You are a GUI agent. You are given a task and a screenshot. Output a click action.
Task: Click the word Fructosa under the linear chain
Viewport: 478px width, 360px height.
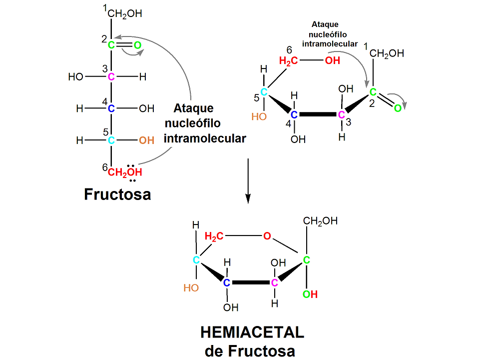coord(117,194)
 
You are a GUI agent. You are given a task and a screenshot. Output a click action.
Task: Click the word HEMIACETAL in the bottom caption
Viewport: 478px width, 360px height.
coord(252,332)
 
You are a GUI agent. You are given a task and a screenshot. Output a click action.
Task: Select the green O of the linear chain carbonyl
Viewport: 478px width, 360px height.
coord(137,45)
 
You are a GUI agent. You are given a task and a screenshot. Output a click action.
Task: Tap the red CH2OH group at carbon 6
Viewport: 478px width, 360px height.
coord(125,172)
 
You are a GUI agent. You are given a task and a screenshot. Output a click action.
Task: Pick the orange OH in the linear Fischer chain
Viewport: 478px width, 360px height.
coord(146,140)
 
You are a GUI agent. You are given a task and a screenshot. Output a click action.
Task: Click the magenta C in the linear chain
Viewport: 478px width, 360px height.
coord(111,77)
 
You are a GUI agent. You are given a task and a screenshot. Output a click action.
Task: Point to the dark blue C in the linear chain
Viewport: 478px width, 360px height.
coord(111,108)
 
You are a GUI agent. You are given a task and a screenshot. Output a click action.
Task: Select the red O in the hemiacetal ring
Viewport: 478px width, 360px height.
coord(267,235)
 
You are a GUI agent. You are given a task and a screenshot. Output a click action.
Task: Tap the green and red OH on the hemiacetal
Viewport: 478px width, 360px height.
coord(310,294)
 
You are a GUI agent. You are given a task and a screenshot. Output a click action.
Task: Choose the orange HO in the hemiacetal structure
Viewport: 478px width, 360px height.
coord(191,287)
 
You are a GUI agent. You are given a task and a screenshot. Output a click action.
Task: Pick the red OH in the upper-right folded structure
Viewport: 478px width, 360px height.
coord(332,61)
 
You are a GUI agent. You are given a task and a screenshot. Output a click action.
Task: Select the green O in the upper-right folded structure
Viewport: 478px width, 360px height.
coord(398,108)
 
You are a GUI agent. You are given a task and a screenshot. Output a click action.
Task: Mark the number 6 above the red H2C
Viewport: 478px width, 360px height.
coord(289,49)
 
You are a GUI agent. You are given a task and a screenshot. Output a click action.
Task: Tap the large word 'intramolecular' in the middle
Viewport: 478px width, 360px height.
coord(205,138)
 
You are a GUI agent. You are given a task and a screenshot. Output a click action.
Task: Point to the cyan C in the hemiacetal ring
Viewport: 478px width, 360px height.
coord(197,260)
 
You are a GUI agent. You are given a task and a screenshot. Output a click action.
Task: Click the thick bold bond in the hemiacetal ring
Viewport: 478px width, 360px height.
coord(251,282)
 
